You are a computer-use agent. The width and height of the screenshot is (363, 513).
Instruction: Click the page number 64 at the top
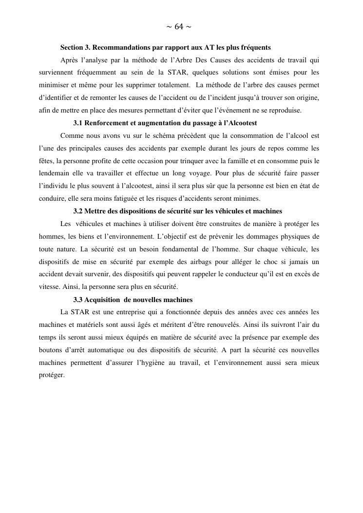tap(179, 27)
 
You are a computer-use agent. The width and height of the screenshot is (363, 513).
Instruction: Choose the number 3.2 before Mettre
tap(78, 211)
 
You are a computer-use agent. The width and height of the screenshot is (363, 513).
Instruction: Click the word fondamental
tap(179, 249)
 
